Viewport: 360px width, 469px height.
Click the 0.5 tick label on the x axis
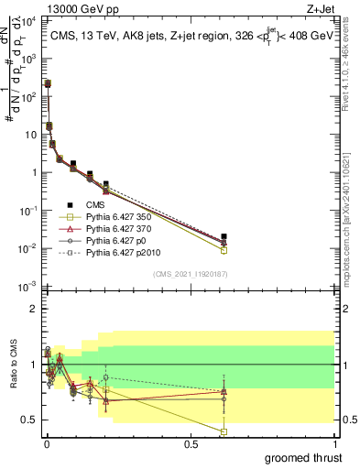tap(191, 443)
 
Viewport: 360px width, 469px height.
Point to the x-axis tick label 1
tap(334, 443)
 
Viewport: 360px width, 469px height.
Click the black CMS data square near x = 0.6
tap(224, 236)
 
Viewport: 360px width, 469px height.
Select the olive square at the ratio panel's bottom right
tap(224, 431)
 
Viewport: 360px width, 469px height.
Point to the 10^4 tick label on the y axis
tap(27, 19)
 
